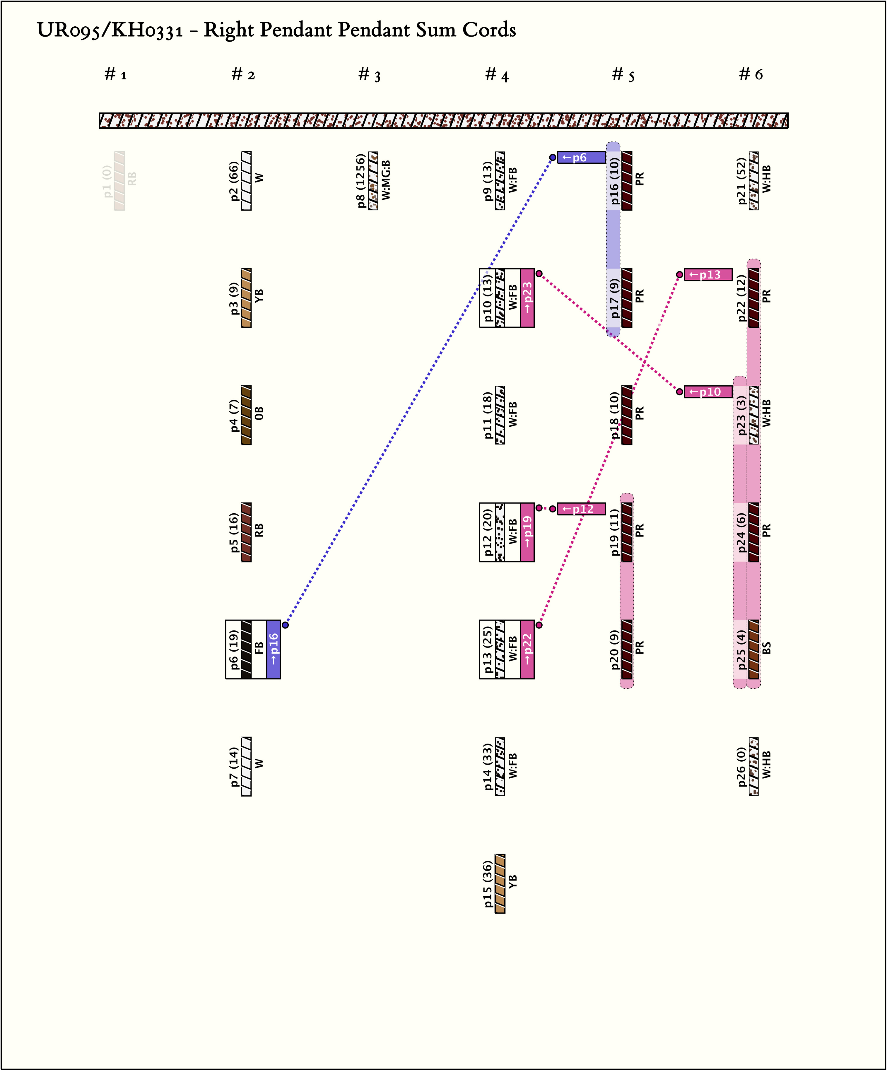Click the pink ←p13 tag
pyautogui.click(x=708, y=275)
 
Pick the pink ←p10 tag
pyautogui.click(x=708, y=392)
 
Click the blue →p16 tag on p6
pyautogui.click(x=274, y=649)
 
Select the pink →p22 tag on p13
pyautogui.click(x=527, y=649)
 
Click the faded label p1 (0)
pyautogui.click(x=107, y=180)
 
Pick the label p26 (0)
pyautogui.click(x=741, y=766)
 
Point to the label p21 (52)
pyautogui.click(x=741, y=180)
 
